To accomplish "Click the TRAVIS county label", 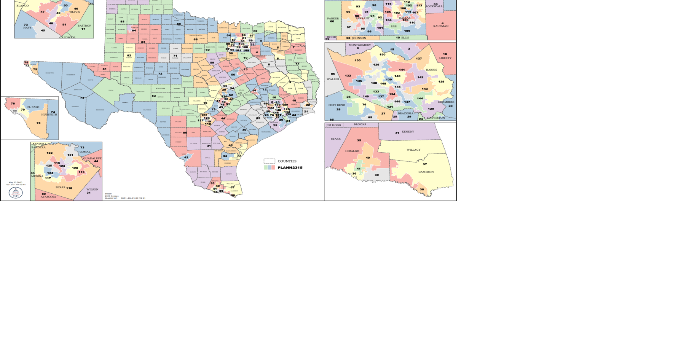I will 75,12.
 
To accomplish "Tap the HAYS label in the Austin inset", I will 27,28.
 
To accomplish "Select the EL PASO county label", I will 33,107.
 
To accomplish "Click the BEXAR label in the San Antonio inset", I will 61,187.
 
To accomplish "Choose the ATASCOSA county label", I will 48,197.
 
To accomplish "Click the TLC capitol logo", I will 16,193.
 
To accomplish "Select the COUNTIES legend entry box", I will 269,161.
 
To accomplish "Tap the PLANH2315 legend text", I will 290,167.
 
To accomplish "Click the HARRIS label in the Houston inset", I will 431,70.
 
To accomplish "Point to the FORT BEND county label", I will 337,105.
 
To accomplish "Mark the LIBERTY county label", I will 445,58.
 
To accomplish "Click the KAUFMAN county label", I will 441,26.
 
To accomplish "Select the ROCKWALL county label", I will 434,6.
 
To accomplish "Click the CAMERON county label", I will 426,172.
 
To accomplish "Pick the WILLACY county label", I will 413,150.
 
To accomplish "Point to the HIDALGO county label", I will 352,151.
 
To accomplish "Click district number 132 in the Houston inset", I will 348,76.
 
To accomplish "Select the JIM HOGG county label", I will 334,125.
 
